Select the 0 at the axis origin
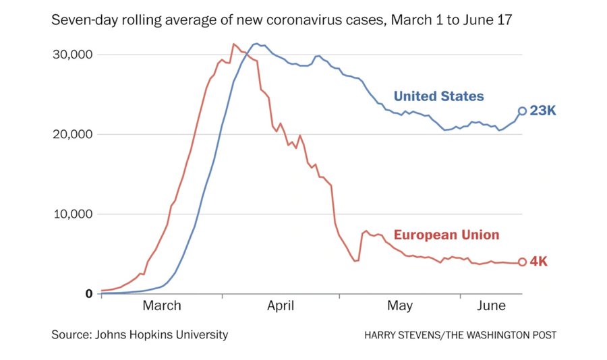(x=88, y=294)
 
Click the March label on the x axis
(x=162, y=306)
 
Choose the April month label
(x=281, y=306)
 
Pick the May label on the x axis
(x=400, y=306)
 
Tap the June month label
(x=491, y=306)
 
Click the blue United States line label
(x=438, y=96)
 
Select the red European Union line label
(x=446, y=235)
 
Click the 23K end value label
(x=543, y=111)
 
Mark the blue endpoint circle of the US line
(x=522, y=111)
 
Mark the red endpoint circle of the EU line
(x=522, y=262)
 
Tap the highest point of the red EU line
(x=233, y=44)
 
